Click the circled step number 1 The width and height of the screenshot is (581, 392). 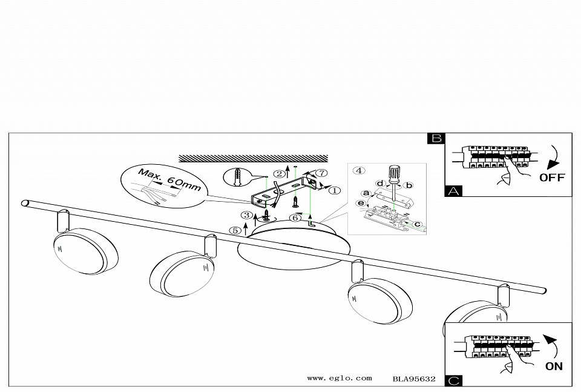334,191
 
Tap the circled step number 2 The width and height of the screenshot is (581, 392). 280,173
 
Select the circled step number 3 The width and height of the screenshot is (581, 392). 246,216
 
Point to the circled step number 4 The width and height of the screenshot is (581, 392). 359,171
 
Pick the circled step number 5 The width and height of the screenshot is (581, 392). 235,230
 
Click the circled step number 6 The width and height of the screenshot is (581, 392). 295,218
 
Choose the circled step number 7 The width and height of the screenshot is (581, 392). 322,173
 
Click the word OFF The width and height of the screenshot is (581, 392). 552,178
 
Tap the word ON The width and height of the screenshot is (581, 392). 554,367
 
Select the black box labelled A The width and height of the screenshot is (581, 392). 453,191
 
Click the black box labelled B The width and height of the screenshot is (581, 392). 436,138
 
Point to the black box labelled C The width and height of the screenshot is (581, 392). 453,381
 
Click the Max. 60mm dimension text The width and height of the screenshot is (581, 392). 169,179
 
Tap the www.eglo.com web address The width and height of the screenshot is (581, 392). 340,378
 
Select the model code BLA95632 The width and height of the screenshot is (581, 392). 414,379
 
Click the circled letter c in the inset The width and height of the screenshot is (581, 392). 417,224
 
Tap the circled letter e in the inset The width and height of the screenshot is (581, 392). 361,203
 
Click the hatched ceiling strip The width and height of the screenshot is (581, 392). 254,158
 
